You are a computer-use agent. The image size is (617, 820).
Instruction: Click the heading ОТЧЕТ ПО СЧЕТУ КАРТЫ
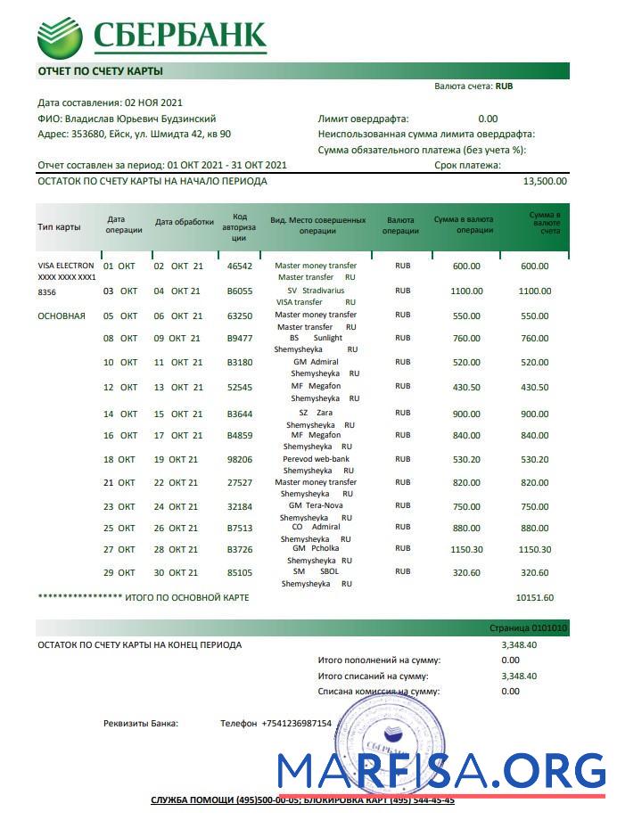(x=100, y=70)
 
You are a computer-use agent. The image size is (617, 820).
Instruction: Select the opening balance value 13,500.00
(x=544, y=181)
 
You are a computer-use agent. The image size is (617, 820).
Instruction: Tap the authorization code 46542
(x=240, y=266)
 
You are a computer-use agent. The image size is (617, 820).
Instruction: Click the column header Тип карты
(x=59, y=226)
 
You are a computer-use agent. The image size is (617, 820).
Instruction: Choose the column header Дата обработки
(x=185, y=222)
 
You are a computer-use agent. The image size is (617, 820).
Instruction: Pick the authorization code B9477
(x=240, y=338)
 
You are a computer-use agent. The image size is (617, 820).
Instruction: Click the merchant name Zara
(x=325, y=414)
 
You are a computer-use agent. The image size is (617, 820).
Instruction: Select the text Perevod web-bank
(x=316, y=459)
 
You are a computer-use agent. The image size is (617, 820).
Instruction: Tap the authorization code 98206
(x=240, y=459)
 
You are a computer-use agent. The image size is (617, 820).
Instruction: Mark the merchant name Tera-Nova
(x=323, y=505)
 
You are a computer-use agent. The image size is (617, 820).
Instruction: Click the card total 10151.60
(x=535, y=597)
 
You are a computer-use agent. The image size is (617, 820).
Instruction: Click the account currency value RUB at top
(x=504, y=86)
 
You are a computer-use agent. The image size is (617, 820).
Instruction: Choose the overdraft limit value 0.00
(x=488, y=119)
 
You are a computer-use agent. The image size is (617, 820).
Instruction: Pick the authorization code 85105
(x=240, y=572)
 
